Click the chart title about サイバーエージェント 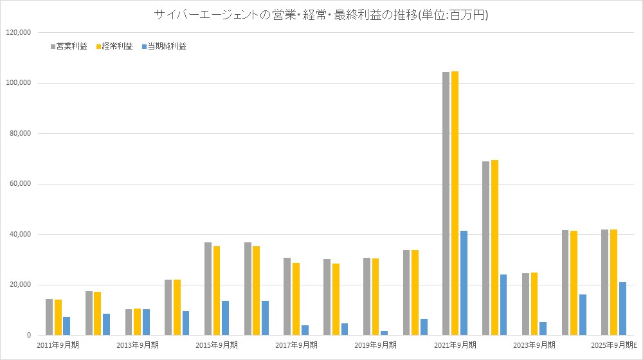click(x=321, y=14)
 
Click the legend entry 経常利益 click(x=116, y=46)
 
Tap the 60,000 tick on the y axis click(x=19, y=184)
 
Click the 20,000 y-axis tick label click(x=19, y=285)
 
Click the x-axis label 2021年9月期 click(x=455, y=345)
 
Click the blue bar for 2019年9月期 click(x=385, y=333)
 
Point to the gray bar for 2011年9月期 click(x=49, y=317)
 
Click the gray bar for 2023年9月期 click(x=526, y=304)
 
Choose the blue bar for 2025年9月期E click(x=623, y=309)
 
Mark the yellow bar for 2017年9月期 click(x=296, y=299)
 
